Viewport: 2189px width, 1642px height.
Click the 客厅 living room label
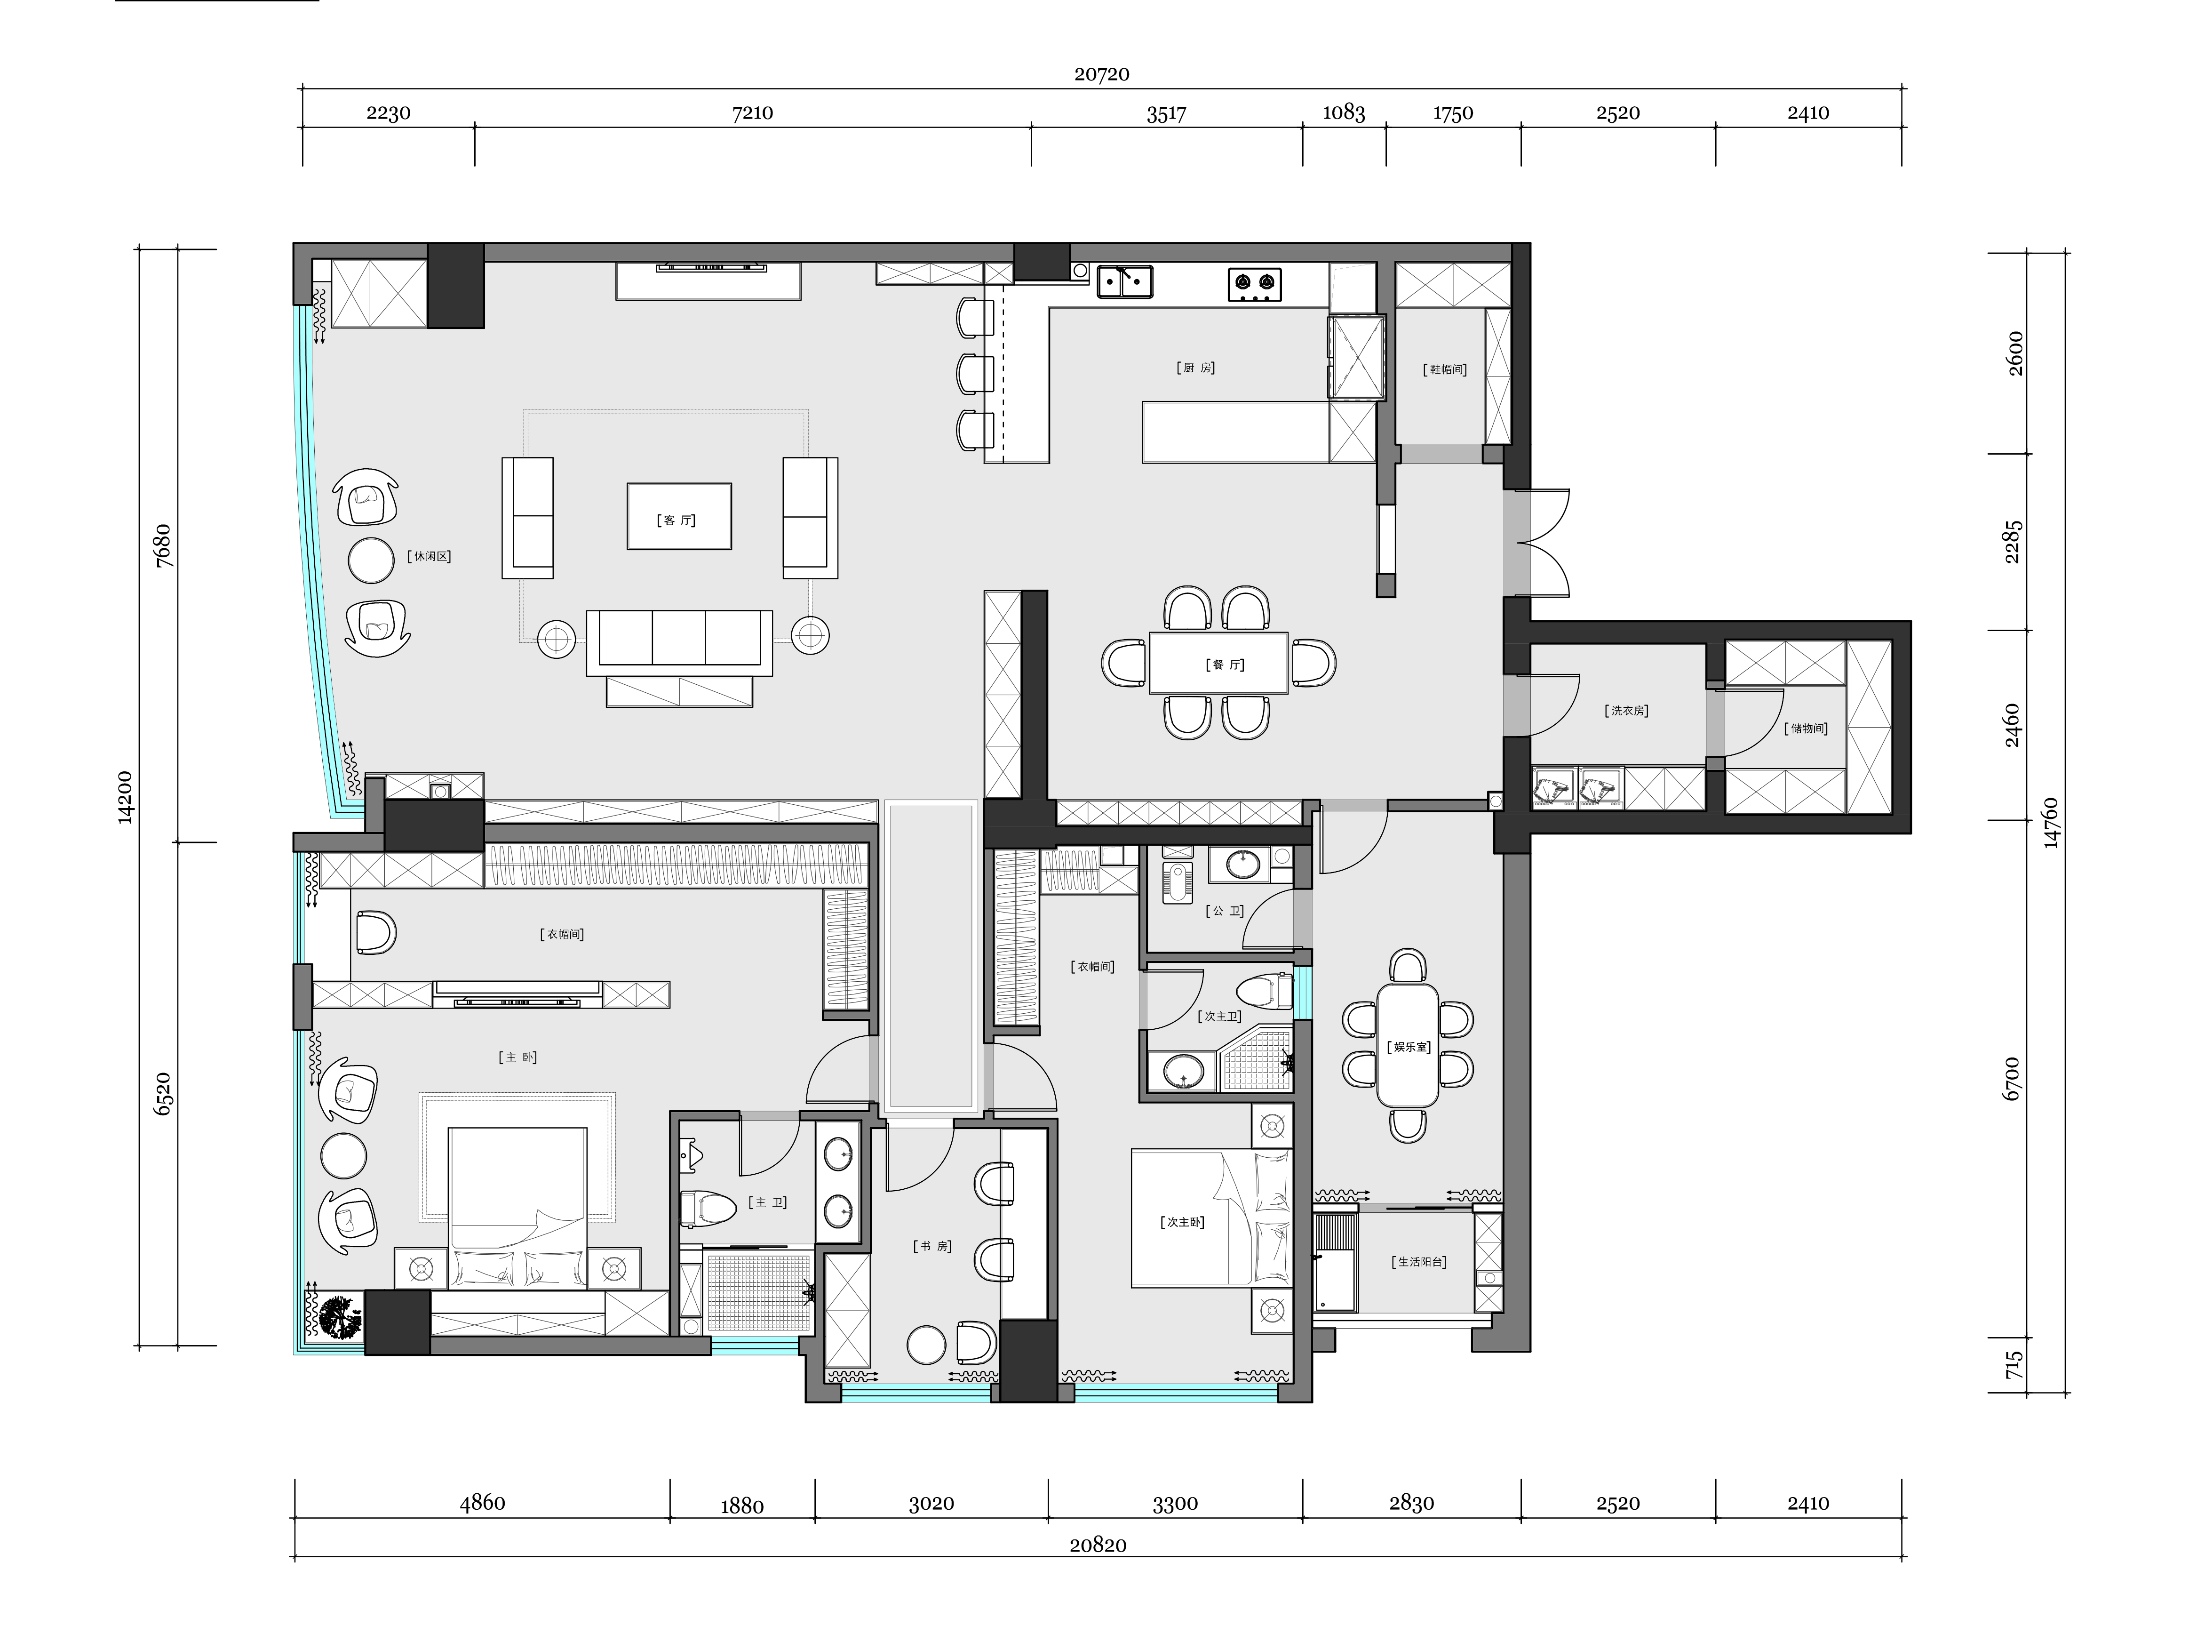678,520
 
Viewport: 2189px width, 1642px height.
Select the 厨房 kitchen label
1195,367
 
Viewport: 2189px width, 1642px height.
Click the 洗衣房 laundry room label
1626,711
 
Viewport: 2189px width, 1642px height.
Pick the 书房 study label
931,1246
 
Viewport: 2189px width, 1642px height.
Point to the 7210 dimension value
752,113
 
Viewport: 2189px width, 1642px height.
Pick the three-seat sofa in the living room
679,641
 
